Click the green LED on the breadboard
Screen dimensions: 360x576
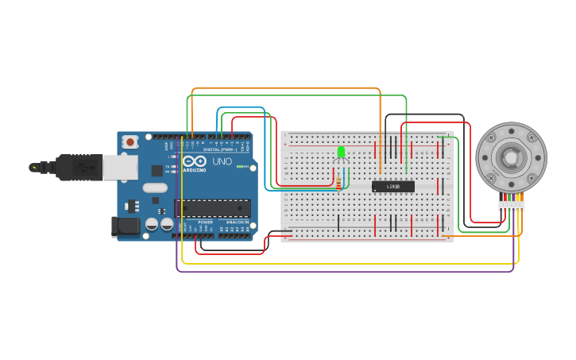tap(342, 151)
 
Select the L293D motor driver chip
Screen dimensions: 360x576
tap(393, 187)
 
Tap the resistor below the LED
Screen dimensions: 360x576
tap(340, 182)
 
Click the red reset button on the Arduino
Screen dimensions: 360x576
tap(130, 142)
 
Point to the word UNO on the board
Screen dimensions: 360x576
tap(222, 161)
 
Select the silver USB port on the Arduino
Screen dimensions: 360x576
tap(120, 167)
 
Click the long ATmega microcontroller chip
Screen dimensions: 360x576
tap(213, 208)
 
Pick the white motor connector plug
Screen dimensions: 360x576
tap(512, 206)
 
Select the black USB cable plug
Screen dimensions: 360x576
tap(79, 168)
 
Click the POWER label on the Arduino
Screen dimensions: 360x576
tap(205, 222)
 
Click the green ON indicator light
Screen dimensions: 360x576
tap(252, 168)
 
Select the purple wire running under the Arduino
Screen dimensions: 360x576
tap(342, 271)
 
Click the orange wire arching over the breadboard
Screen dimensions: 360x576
tap(286, 88)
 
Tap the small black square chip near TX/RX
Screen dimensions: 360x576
tap(157, 170)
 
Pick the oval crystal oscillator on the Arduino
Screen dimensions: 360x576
tap(155, 188)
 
